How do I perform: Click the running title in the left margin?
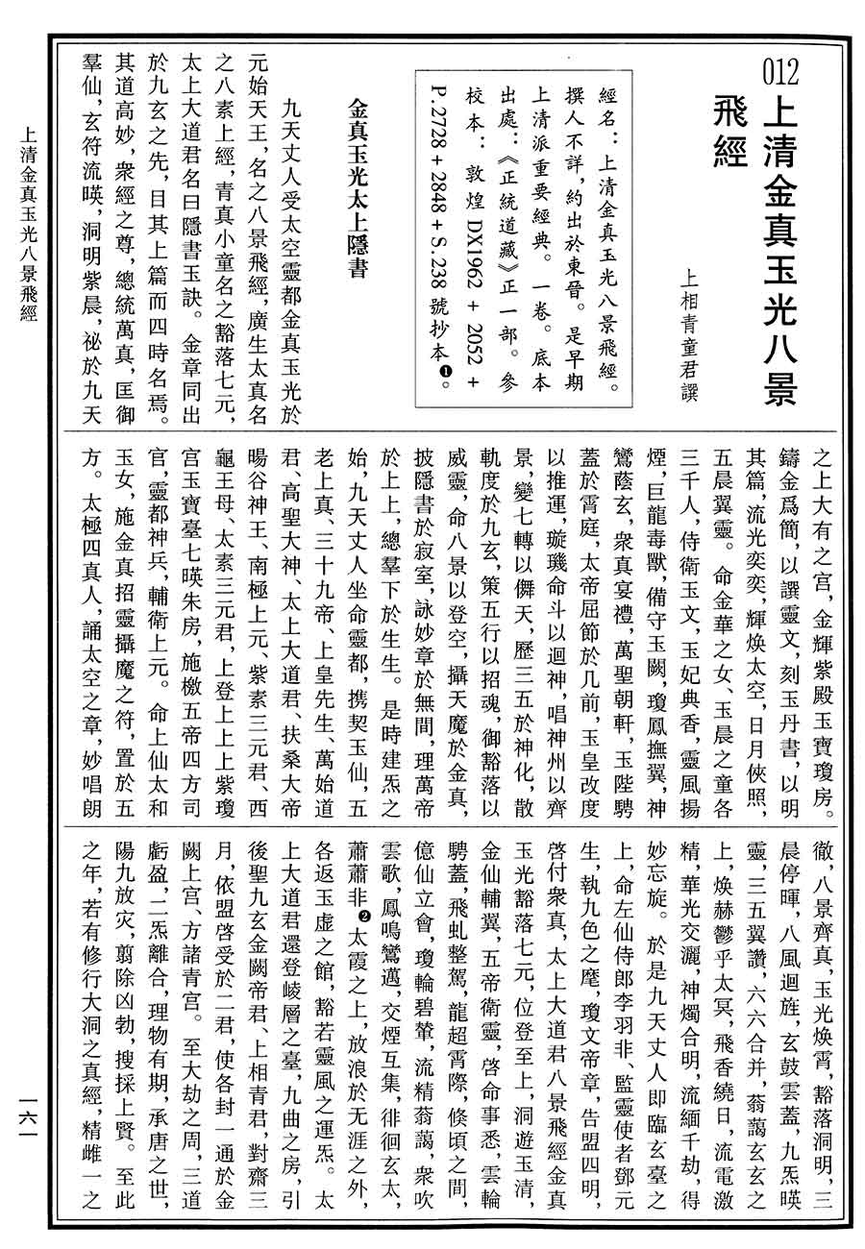(x=29, y=240)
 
